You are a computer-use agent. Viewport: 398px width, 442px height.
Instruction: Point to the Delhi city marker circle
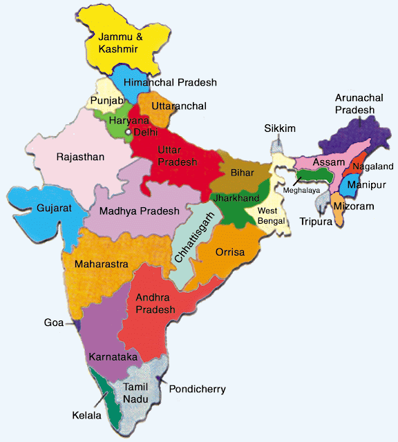(x=128, y=131)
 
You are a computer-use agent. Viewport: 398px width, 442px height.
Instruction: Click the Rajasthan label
(x=80, y=157)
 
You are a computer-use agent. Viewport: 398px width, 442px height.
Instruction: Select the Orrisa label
(x=230, y=252)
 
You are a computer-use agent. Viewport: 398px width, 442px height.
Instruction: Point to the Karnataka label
(x=111, y=357)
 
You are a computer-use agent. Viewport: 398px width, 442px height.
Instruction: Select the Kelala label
(x=87, y=416)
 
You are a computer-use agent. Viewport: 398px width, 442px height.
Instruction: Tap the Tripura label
(x=316, y=221)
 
